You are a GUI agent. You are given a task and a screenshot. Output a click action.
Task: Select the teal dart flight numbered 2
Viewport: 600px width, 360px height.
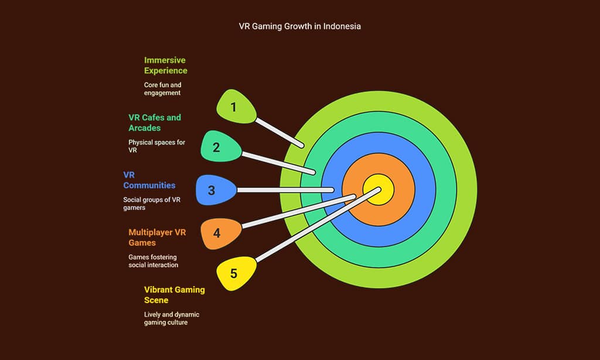pos(218,147)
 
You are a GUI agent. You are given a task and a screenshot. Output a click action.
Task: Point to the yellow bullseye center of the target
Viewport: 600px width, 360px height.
pos(378,190)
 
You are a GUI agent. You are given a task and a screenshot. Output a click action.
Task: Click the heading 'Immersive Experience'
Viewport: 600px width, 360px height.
pos(165,65)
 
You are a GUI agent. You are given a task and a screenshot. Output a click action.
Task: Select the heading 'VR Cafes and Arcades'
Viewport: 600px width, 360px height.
pos(155,122)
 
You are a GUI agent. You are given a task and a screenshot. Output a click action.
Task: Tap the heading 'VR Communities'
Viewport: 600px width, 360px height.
pos(149,179)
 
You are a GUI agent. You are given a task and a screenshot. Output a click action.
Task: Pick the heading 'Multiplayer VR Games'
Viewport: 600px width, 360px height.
pos(157,237)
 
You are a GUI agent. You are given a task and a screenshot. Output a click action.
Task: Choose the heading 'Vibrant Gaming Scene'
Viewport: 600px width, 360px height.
pos(174,294)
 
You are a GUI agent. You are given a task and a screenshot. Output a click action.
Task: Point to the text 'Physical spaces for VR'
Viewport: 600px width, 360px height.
pos(156,146)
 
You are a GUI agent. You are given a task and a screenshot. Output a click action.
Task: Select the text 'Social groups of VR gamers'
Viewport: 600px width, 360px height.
pos(152,203)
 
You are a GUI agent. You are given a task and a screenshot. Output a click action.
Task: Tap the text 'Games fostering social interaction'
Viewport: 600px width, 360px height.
pos(153,260)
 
